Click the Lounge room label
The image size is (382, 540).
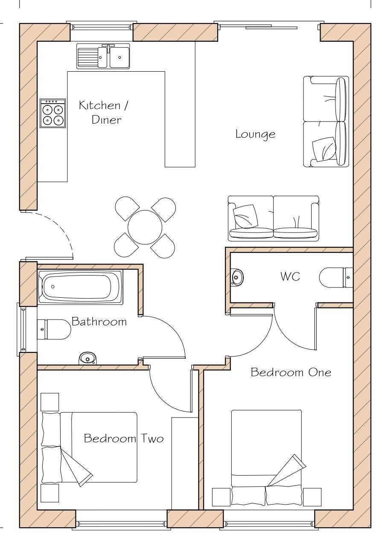coord(255,134)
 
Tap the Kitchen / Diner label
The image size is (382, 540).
coord(104,112)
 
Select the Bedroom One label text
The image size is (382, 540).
coord(291,372)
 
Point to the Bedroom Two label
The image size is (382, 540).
coord(124,438)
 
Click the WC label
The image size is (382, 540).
coord(290,276)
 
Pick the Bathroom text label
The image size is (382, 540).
coord(99,321)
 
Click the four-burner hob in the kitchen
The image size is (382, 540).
coord(53,113)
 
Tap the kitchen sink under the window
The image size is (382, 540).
coord(103,56)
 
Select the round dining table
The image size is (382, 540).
coord(145,227)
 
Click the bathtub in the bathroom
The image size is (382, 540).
coord(80,287)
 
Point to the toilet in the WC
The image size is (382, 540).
coord(336,278)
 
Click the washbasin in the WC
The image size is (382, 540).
coord(236,277)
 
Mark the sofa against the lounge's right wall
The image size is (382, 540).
coord(326,122)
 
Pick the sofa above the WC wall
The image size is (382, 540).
coord(274,218)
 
